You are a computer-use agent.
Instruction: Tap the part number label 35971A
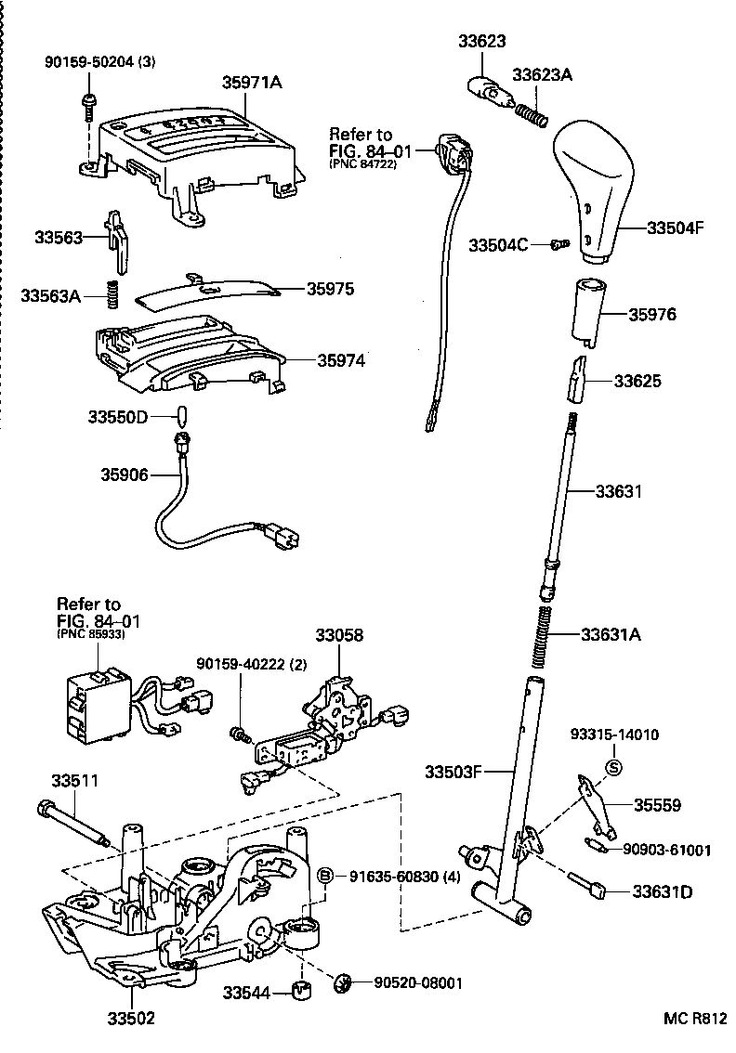click(x=251, y=83)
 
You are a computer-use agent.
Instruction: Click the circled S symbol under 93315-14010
click(x=613, y=766)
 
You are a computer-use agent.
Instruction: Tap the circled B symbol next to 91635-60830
click(x=326, y=876)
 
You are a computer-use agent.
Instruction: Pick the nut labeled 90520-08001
click(x=341, y=981)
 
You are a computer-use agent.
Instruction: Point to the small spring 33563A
click(x=113, y=296)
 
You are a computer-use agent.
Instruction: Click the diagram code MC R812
click(x=693, y=1019)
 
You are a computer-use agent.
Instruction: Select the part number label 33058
click(x=338, y=636)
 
